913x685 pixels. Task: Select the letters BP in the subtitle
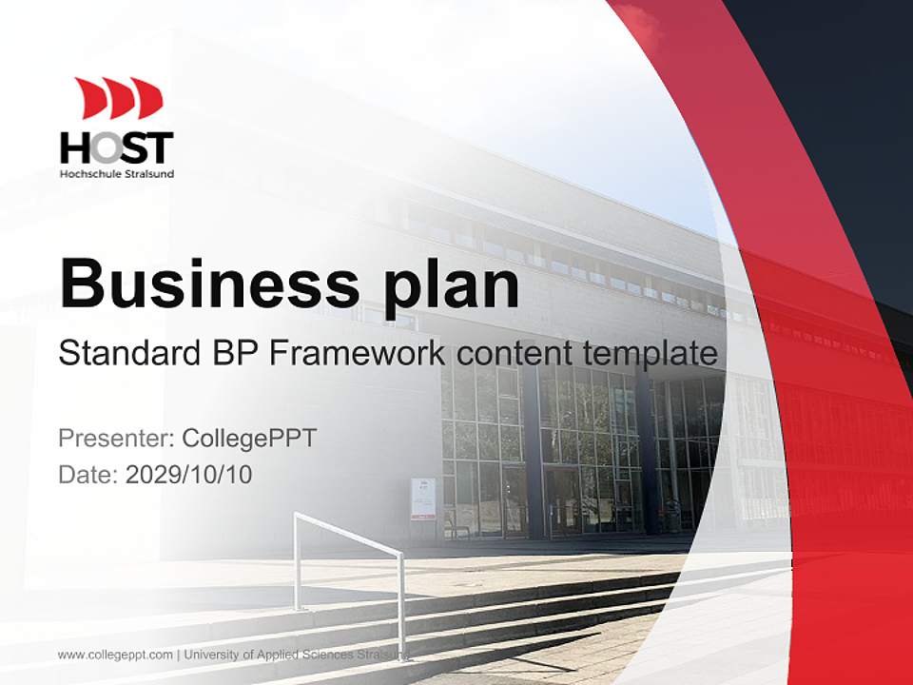(x=233, y=354)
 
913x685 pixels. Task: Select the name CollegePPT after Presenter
(x=248, y=439)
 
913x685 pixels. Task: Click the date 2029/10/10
(x=189, y=475)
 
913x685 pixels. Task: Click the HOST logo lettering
(x=117, y=147)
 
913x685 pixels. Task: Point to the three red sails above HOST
(x=119, y=98)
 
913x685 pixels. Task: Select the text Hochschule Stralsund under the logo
(x=117, y=174)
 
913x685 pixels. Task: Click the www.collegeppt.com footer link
(x=115, y=655)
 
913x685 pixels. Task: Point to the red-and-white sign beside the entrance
(x=423, y=499)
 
